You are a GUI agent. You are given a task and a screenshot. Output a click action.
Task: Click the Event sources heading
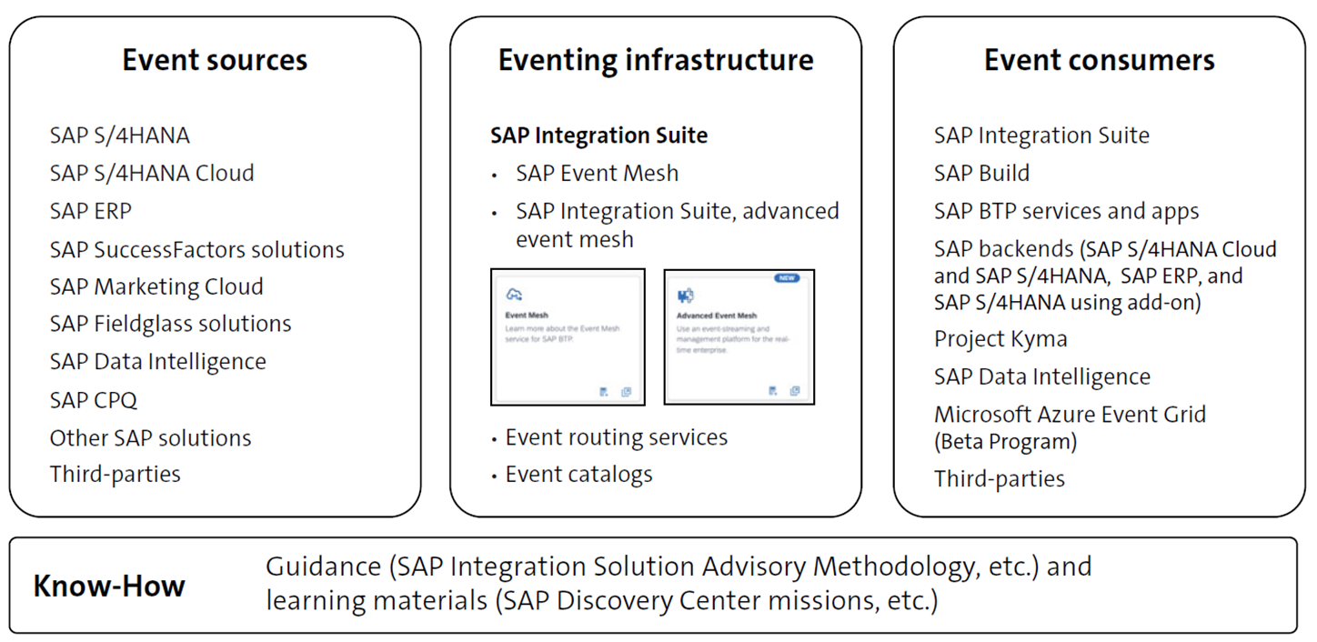[x=215, y=61]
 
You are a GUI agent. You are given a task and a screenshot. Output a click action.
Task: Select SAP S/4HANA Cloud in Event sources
[x=152, y=174]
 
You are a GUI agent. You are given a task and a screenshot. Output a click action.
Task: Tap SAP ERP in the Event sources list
[x=91, y=211]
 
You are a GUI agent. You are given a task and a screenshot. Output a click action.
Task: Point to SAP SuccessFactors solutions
[x=197, y=249]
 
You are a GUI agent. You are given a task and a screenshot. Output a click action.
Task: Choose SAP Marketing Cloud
[x=156, y=287]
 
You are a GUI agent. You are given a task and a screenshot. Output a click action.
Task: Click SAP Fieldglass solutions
[x=170, y=325]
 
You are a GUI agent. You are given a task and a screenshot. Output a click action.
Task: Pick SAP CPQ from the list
[x=94, y=400]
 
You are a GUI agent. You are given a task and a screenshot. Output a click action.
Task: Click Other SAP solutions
[x=150, y=437]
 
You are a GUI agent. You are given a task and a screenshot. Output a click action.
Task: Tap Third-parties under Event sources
[x=116, y=475]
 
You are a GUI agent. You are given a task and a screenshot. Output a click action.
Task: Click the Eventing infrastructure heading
[x=656, y=61]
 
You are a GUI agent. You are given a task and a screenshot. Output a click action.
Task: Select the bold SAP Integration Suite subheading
[x=598, y=136]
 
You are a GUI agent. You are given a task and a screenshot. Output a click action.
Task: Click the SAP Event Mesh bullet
[x=597, y=174]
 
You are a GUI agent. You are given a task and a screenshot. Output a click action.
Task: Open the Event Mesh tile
[x=568, y=336]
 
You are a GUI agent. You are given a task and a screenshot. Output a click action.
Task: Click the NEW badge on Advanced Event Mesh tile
[x=787, y=279]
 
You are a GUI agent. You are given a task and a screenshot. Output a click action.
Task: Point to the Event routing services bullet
[x=616, y=437]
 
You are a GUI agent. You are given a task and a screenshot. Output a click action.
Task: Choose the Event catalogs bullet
[x=578, y=475]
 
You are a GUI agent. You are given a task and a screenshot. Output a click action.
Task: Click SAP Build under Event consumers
[x=981, y=174]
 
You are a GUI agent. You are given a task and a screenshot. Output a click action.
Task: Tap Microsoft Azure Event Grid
[x=1070, y=415]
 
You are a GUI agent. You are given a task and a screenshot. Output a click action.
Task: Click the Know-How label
[x=109, y=587]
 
